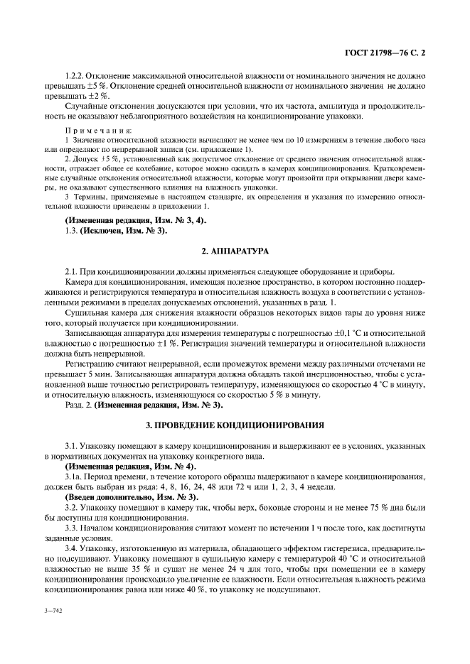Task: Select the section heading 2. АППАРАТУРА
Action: pyautogui.click(x=235, y=251)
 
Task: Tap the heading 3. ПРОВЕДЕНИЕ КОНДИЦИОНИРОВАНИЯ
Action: pyautogui.click(x=235, y=425)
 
